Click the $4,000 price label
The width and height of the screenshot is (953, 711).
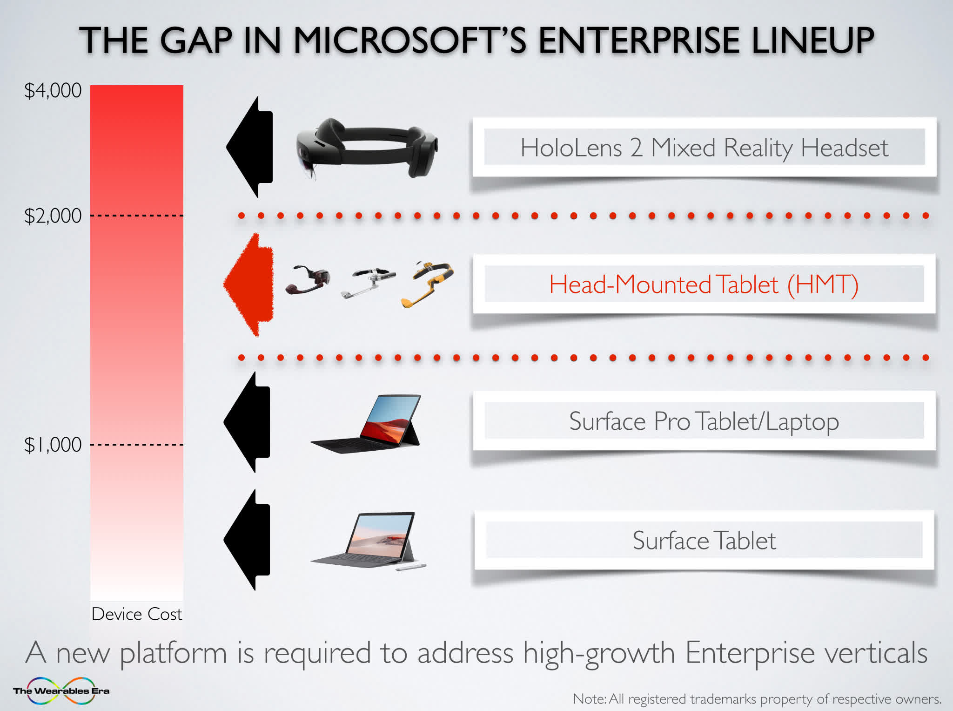tap(53, 90)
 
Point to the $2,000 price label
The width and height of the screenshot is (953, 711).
tap(53, 216)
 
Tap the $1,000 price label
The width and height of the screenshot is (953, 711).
tap(53, 445)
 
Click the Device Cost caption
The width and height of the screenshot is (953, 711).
tap(137, 614)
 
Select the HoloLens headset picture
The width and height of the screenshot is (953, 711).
tap(367, 148)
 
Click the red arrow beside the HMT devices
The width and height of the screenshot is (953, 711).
tap(248, 284)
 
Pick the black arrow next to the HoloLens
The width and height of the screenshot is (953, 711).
tap(249, 147)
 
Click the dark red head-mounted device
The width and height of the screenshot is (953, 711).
tap(307, 279)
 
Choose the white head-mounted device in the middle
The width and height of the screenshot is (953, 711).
tap(368, 282)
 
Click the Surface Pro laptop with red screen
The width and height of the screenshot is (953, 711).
tap(366, 424)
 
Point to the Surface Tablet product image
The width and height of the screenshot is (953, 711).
tap(368, 541)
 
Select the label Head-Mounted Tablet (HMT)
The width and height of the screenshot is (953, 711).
tap(704, 284)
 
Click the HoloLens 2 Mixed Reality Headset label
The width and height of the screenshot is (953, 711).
tap(704, 148)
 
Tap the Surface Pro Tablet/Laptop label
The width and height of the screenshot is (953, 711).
tap(704, 421)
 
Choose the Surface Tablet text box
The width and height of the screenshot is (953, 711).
tap(704, 540)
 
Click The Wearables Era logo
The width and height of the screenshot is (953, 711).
tap(61, 691)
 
